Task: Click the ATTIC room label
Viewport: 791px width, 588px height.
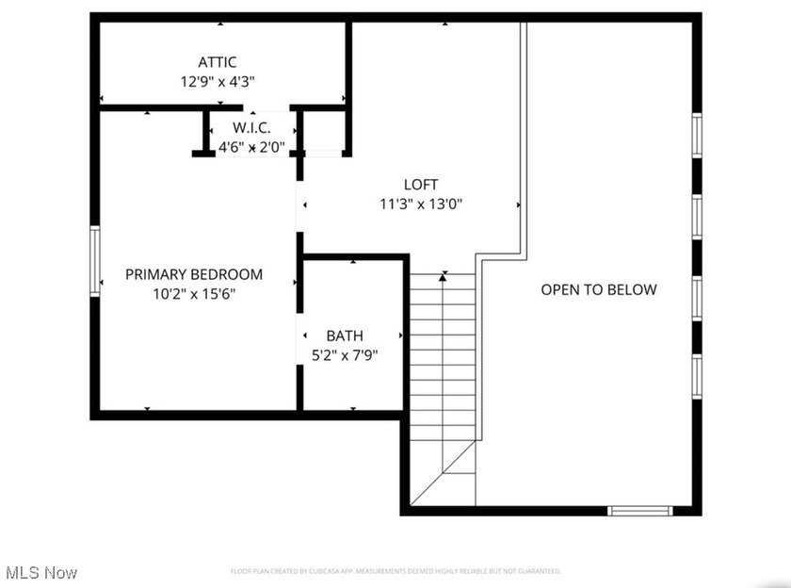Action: coord(218,62)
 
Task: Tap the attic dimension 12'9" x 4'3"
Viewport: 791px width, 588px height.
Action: coord(218,82)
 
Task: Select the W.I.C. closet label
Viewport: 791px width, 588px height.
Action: coord(251,127)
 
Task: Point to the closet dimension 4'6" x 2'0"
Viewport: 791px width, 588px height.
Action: coord(251,147)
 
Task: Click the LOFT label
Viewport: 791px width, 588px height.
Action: coord(421,184)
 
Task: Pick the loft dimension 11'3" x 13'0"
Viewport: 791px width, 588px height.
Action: coord(421,203)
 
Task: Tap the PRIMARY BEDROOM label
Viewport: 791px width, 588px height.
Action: coord(194,274)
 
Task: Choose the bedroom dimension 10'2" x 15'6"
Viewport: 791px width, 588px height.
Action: coord(194,293)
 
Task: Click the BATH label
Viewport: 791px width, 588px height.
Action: coord(345,335)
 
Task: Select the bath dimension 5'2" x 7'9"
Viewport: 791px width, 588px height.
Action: coord(345,355)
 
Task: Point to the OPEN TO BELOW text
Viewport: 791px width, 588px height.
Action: coord(599,289)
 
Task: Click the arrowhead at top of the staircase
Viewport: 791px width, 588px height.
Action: coord(444,276)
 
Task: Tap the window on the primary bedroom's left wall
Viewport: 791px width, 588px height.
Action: coord(94,261)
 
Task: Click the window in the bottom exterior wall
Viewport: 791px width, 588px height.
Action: coord(639,511)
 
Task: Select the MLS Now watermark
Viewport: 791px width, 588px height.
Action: coord(41,572)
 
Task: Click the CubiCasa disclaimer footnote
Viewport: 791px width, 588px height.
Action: coord(395,571)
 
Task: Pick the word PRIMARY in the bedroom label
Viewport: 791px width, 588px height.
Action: coord(157,274)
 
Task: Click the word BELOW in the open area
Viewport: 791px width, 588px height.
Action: coord(634,289)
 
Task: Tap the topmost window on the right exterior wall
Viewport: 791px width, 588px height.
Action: coord(697,134)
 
